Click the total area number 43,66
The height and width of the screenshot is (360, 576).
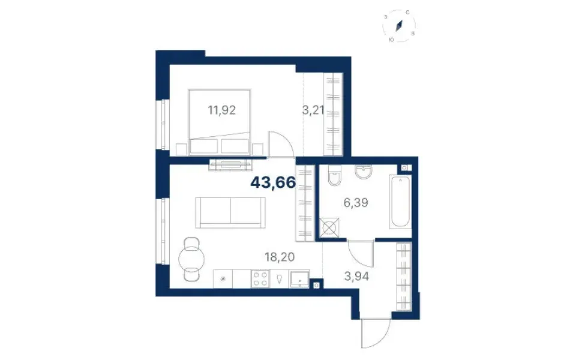click(x=273, y=182)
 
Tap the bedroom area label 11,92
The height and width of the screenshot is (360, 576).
click(x=221, y=110)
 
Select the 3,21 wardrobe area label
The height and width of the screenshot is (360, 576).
click(x=313, y=110)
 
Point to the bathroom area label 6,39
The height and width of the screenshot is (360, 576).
click(x=356, y=202)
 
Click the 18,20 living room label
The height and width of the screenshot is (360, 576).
click(x=280, y=257)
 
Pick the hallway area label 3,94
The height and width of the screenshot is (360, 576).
click(x=356, y=276)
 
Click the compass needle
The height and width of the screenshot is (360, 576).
click(x=400, y=26)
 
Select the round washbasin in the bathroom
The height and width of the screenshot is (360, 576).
click(x=364, y=172)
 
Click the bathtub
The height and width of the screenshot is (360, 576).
click(x=400, y=202)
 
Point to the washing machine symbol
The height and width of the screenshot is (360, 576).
click(x=329, y=228)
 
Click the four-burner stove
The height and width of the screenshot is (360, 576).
click(x=260, y=278)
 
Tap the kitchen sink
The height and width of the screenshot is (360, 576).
click(x=299, y=279)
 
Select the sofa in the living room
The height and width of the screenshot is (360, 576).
click(x=230, y=212)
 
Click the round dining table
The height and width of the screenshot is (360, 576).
click(x=191, y=259)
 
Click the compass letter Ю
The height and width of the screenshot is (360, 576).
click(x=391, y=40)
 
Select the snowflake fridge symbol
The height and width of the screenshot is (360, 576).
click(x=223, y=279)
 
